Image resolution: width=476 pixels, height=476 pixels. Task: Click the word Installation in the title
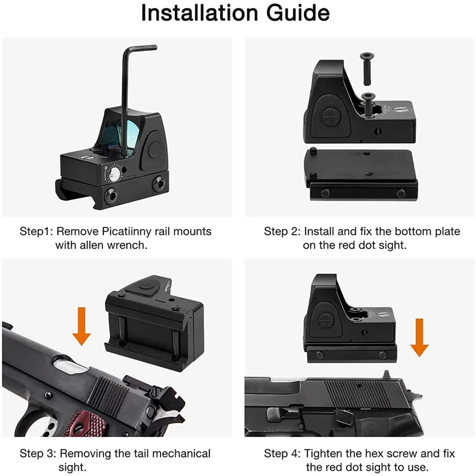[x=200, y=12]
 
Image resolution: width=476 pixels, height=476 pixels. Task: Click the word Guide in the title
[x=298, y=12]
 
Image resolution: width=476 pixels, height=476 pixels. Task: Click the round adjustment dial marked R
[x=114, y=175]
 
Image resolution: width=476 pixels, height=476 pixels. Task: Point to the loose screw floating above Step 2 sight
[x=367, y=69]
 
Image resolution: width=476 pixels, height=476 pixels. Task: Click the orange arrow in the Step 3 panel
[x=82, y=326]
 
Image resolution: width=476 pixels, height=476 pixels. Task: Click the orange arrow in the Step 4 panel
[x=419, y=338]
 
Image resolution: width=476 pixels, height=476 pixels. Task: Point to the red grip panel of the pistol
[x=85, y=420]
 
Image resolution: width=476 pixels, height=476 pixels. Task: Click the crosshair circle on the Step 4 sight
[x=327, y=321]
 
